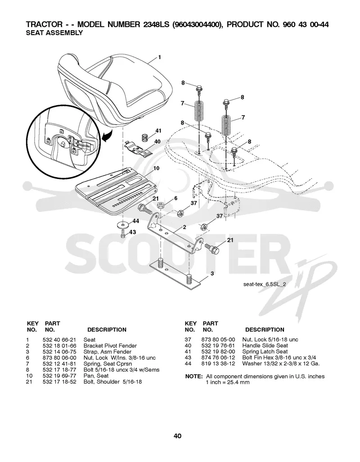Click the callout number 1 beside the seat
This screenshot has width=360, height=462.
159,57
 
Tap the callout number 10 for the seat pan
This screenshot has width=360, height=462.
156,168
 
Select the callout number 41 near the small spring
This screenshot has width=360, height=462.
158,131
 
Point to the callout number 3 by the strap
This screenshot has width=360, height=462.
212,274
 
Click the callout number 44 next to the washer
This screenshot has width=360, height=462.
135,221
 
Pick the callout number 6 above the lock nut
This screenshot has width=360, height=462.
175,198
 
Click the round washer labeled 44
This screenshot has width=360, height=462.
123,225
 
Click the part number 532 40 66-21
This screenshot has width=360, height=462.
59,340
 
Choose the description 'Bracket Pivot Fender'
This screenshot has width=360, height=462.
110,345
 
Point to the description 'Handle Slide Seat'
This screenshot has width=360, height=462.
265,345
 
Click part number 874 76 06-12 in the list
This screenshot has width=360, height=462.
218,358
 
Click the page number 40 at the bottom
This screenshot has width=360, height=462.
177,436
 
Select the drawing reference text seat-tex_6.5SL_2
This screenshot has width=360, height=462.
265,284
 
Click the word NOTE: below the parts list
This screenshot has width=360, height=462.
193,376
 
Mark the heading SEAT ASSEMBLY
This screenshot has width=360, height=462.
54,33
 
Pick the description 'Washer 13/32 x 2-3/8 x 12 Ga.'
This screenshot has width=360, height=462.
281,363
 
